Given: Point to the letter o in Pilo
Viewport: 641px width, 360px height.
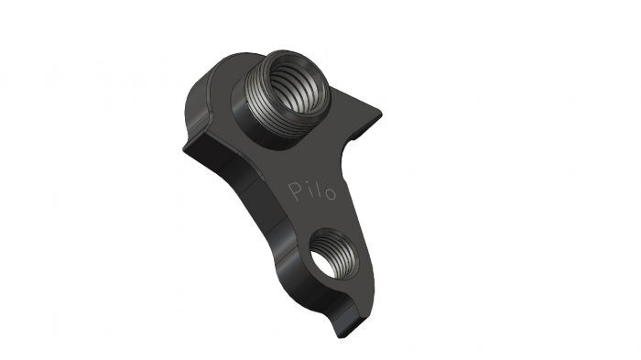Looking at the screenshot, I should pyautogui.click(x=329, y=194).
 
